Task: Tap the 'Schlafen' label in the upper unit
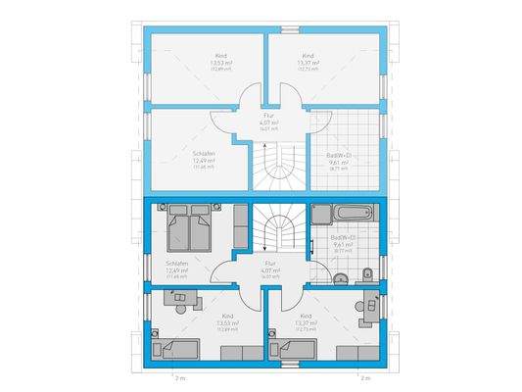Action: pyautogui.click(x=204, y=155)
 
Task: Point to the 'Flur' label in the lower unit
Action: pyautogui.click(x=265, y=263)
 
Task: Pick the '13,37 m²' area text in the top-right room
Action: pyautogui.click(x=308, y=64)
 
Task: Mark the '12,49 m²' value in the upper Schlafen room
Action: pyautogui.click(x=204, y=162)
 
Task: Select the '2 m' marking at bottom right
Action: pyautogui.click(x=365, y=376)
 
